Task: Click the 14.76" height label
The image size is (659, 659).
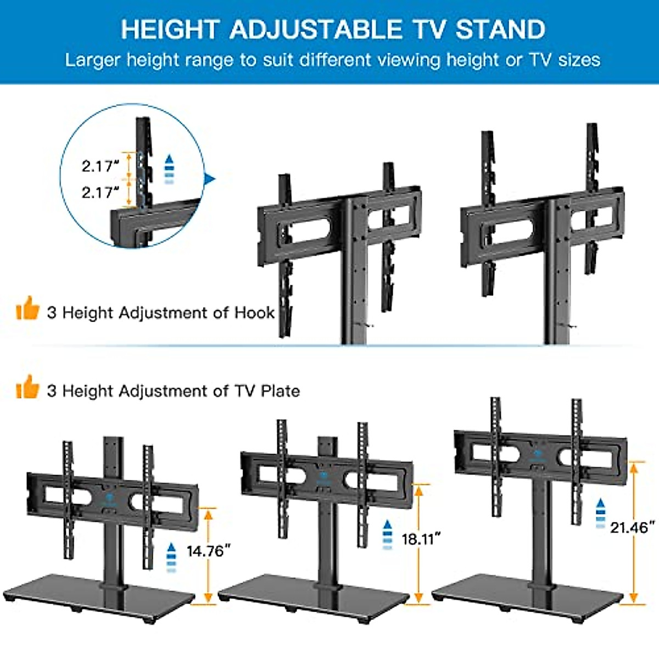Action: pyautogui.click(x=208, y=550)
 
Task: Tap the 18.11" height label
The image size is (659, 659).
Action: pyautogui.click(x=421, y=539)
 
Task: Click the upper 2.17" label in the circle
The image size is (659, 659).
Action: pyautogui.click(x=100, y=166)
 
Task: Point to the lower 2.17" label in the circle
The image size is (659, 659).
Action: pyautogui.click(x=100, y=192)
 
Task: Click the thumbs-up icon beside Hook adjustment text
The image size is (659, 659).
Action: pyautogui.click(x=28, y=309)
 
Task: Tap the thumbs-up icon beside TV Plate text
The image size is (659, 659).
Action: pyautogui.click(x=28, y=387)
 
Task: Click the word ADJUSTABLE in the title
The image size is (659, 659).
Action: pyautogui.click(x=315, y=29)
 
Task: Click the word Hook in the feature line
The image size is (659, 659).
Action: pyautogui.click(x=254, y=312)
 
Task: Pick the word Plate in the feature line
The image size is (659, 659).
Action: pyautogui.click(x=280, y=391)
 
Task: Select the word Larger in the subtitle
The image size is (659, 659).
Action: pyautogui.click(x=92, y=59)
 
